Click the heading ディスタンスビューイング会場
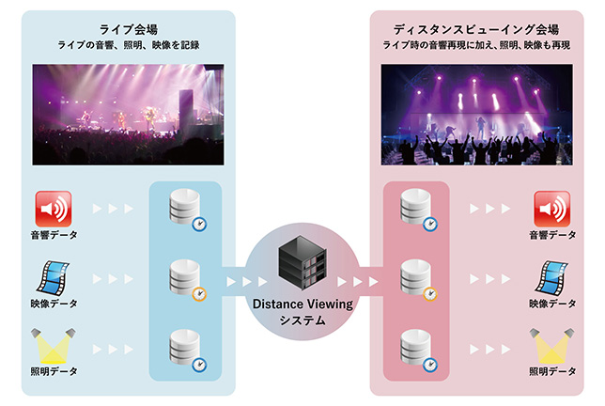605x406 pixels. (467, 27)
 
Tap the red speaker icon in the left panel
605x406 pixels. (53, 210)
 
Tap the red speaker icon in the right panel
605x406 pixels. (551, 210)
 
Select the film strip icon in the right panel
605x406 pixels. (551, 277)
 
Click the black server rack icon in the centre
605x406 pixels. (302, 266)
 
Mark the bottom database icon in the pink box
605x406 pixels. (416, 347)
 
